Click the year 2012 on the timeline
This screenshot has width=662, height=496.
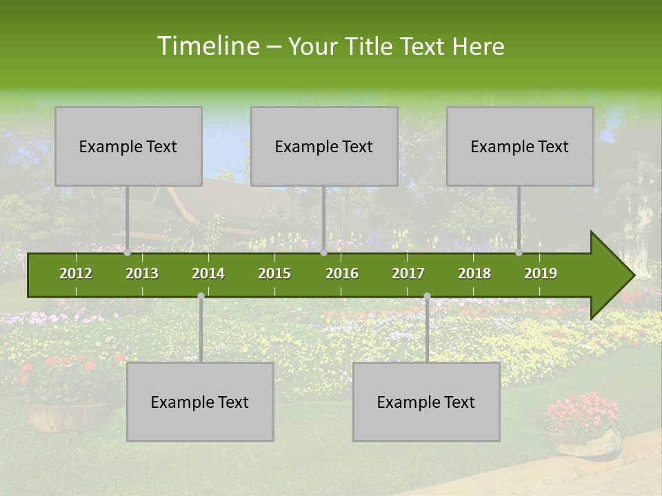point(76,273)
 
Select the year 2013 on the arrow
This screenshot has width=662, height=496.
point(142,273)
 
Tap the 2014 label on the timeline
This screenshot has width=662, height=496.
point(208,273)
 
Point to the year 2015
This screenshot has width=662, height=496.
point(274,273)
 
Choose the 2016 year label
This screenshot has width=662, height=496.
point(342,273)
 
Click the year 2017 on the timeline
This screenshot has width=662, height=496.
point(408,273)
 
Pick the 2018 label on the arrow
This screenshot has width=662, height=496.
point(474,273)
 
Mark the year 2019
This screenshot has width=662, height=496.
point(541,273)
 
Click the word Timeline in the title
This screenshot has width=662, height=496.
point(208,46)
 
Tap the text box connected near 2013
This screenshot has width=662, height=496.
point(128,146)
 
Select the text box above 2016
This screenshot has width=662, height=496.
point(324,146)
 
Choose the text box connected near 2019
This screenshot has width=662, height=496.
point(520,146)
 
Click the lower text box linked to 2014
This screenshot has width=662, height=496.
point(200,402)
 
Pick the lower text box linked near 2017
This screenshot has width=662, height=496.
point(426,402)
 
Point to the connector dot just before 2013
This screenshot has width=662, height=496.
point(128,252)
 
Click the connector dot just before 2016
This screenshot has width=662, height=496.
point(323,252)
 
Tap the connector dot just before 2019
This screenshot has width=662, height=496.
point(519,252)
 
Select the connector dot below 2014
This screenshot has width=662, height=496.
point(201,296)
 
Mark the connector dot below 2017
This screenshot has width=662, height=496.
point(427,296)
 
